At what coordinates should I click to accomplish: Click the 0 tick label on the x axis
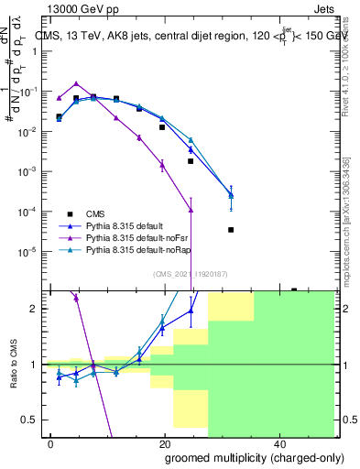pos(51,443)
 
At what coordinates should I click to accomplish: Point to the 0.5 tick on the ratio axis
pos(32,420)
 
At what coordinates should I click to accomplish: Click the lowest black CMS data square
pos(231,230)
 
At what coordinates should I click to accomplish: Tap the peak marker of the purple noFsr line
pos(76,83)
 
